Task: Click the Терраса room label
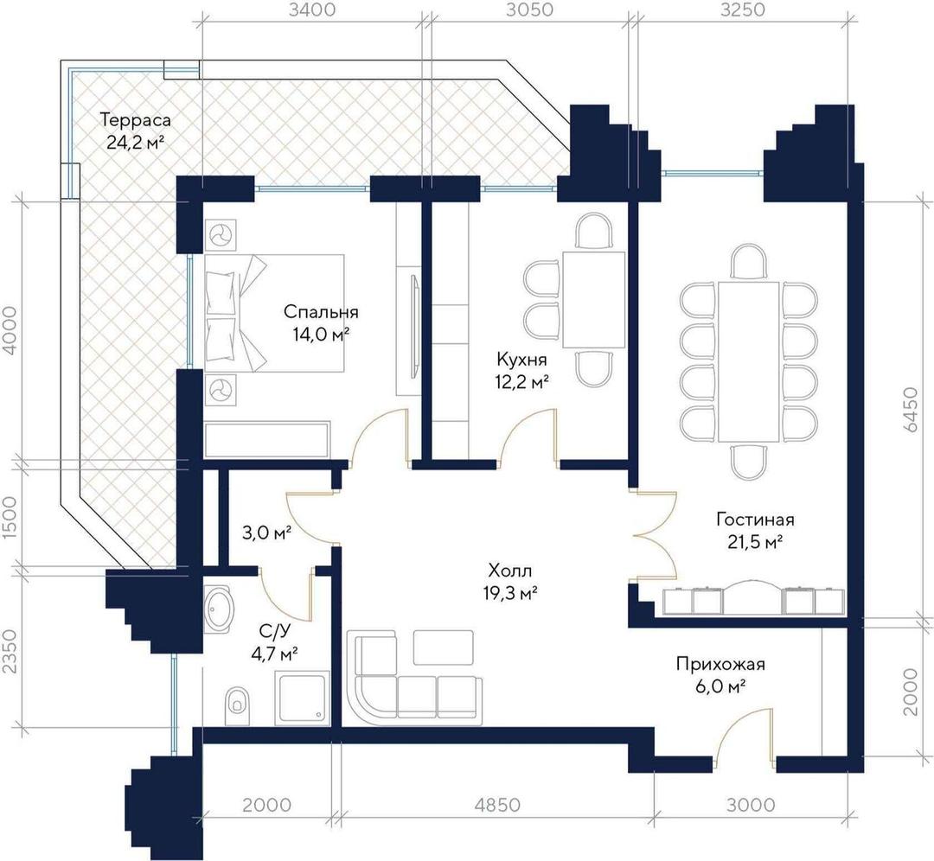point(135,119)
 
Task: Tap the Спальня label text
point(321,312)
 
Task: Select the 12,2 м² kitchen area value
point(521,382)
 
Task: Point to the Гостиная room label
point(755,520)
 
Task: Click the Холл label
point(510,571)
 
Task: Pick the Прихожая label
point(720,664)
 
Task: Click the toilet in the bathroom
point(239,707)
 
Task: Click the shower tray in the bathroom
point(303,698)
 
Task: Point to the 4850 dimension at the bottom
point(497,805)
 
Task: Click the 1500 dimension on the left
point(10,516)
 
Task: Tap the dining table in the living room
point(749,361)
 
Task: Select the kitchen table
point(594,300)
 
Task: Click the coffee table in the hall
point(443,647)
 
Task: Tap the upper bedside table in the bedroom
point(221,234)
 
